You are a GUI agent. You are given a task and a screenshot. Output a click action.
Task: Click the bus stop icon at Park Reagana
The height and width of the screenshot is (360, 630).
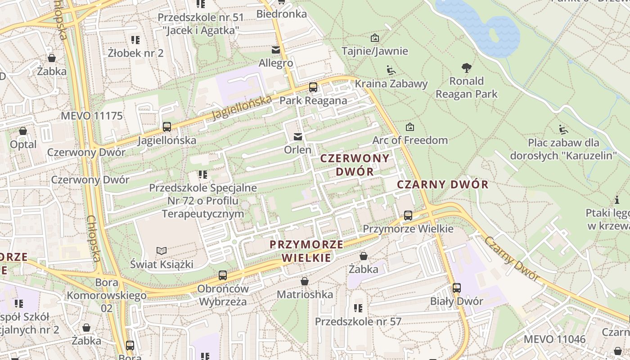[313, 87]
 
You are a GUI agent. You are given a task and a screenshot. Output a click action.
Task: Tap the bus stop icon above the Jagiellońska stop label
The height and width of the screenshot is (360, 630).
[167, 127]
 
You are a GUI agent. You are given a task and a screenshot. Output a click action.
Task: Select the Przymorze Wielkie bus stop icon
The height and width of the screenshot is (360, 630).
[408, 216]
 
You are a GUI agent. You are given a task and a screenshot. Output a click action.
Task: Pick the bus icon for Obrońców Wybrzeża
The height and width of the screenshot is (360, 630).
[223, 275]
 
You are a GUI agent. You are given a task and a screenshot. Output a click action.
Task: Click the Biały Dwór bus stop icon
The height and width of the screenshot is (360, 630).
[457, 288]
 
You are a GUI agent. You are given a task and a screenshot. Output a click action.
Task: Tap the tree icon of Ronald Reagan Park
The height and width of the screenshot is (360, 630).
[467, 68]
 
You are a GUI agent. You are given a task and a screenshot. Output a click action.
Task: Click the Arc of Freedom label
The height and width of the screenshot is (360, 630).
[410, 140]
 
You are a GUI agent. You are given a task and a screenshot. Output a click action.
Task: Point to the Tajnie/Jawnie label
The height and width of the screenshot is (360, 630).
[375, 51]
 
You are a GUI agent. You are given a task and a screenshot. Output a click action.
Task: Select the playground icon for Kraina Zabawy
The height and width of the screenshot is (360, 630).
[391, 70]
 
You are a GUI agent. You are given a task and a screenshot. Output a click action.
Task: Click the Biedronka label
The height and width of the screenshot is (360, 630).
[282, 14]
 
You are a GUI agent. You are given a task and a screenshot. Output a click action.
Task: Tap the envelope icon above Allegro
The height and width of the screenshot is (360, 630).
[275, 49]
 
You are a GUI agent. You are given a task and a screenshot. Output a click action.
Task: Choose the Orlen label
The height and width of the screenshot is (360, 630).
[297, 149]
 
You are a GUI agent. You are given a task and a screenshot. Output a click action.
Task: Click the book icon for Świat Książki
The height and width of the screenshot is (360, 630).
[162, 251]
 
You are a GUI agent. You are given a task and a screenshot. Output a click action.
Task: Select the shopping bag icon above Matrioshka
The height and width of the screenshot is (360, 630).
[305, 282]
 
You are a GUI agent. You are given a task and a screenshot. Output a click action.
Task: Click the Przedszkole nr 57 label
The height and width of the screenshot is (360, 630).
[358, 321]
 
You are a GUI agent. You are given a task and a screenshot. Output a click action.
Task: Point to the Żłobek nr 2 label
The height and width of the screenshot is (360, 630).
[135, 53]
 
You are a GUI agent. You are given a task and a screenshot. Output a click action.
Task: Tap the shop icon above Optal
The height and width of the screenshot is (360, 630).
[23, 131]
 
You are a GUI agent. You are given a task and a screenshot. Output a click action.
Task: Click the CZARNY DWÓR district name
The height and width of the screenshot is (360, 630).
[443, 184]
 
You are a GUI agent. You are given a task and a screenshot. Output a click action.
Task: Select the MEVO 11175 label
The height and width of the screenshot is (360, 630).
[92, 116]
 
